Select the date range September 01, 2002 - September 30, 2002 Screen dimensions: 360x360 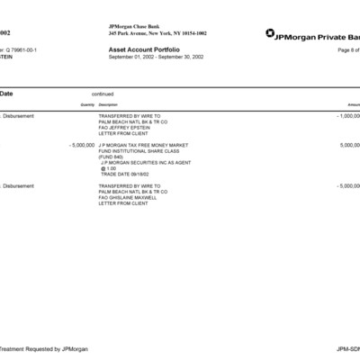pos(155,58)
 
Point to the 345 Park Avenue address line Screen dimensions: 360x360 pos(150,33)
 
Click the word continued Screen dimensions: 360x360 pos(103,94)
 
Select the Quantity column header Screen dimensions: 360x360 pos(87,104)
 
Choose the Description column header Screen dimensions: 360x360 pos(108,104)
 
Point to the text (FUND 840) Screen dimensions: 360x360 pos(112,157)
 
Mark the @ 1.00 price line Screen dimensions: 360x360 pos(109,168)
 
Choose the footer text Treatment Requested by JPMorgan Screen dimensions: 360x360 pos(31,348)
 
